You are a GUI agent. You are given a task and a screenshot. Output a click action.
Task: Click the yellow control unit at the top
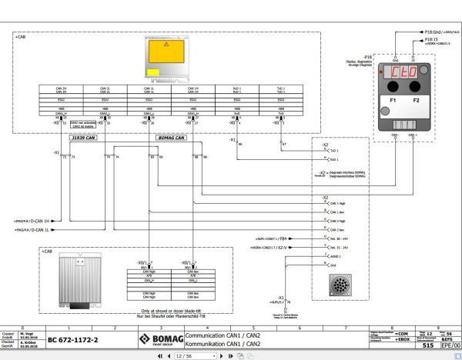168,59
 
